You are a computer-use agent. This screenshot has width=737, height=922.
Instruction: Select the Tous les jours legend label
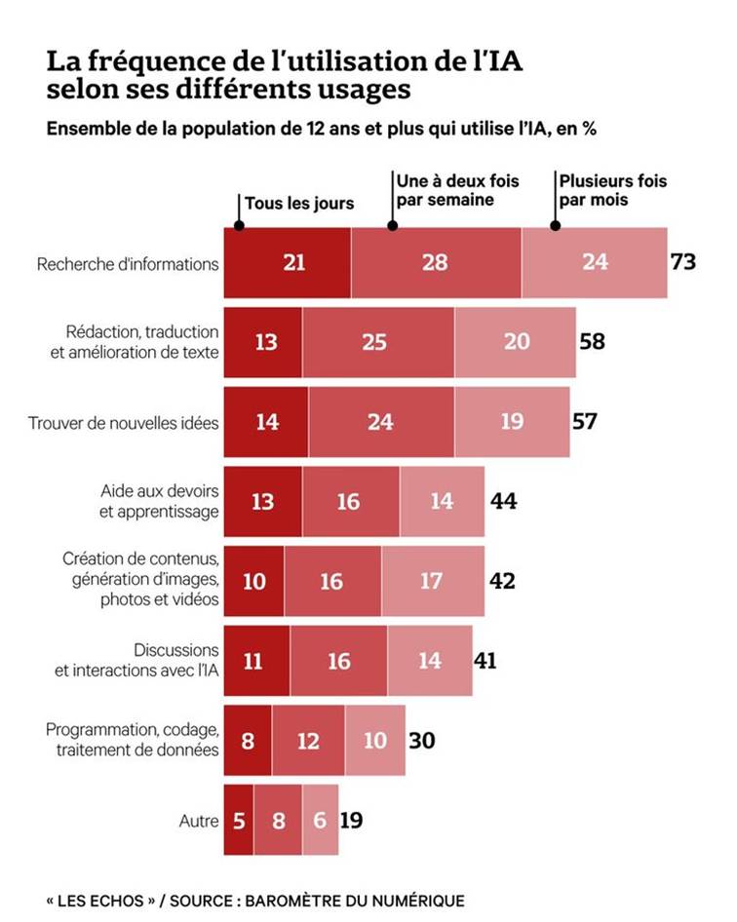pyautogui.click(x=299, y=204)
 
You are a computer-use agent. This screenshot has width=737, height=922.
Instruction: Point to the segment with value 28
pyautogui.click(x=436, y=262)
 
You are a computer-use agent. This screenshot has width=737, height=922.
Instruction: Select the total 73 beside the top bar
pyautogui.click(x=683, y=261)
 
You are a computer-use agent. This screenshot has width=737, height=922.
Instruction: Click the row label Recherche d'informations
pyautogui.click(x=128, y=263)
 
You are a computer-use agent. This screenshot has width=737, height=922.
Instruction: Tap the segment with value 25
pyautogui.click(x=378, y=342)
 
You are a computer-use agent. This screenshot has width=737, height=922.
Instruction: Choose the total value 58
pyautogui.click(x=593, y=341)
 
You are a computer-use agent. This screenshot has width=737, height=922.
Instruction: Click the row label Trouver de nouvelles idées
pyautogui.click(x=124, y=423)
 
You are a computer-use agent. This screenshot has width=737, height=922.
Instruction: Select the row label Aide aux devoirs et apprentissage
pyautogui.click(x=160, y=502)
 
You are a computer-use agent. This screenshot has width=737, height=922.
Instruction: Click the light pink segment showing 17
pyautogui.click(x=433, y=581)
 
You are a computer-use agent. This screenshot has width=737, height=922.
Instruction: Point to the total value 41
pyautogui.click(x=485, y=661)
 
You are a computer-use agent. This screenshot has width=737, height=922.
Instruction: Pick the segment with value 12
pyautogui.click(x=308, y=741)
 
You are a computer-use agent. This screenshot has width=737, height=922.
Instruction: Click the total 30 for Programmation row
pyautogui.click(x=422, y=741)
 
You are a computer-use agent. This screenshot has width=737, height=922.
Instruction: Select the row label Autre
pyautogui.click(x=199, y=821)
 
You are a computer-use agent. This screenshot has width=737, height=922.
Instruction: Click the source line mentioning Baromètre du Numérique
pyautogui.click(x=255, y=900)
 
